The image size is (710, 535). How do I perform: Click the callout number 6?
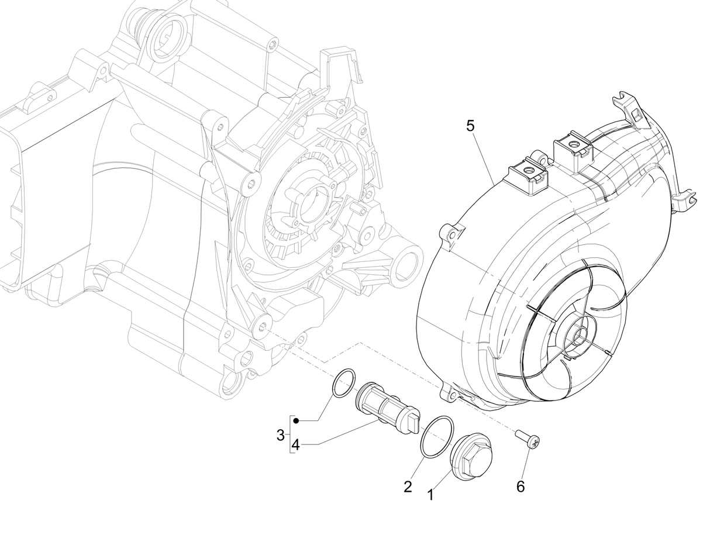[520, 486]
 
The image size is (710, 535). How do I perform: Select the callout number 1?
[431, 495]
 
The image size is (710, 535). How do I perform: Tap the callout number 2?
[408, 486]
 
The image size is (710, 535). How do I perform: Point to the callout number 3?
[281, 435]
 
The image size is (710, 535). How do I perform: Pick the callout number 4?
[295, 445]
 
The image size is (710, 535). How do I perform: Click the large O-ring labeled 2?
[437, 437]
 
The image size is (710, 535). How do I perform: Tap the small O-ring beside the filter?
[343, 383]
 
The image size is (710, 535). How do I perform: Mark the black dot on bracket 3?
[297, 421]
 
